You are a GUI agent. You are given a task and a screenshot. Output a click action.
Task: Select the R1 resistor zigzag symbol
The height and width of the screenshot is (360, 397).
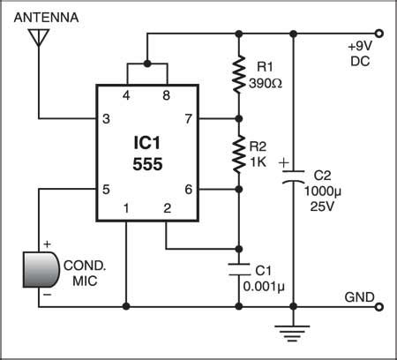pyautogui.click(x=238, y=77)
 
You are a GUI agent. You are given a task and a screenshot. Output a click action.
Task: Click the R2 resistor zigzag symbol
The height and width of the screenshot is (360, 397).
pyautogui.click(x=238, y=153)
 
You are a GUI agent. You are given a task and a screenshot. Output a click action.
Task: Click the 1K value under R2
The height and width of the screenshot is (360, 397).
pyautogui.click(x=260, y=161)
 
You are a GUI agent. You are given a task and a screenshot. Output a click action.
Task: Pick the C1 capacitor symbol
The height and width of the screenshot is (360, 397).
pyautogui.click(x=238, y=267)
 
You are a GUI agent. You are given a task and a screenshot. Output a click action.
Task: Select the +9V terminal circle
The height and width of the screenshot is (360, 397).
pyautogui.click(x=379, y=35)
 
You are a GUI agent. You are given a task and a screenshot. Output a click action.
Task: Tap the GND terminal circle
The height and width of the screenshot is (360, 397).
pyautogui.click(x=379, y=307)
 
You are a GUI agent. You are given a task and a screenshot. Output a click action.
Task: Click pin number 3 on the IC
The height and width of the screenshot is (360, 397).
pyautogui.click(x=106, y=117)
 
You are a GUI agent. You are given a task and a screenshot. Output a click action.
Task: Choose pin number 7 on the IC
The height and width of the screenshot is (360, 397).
pyautogui.click(x=187, y=117)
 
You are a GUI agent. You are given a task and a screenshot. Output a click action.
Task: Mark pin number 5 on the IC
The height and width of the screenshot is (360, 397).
pyautogui.click(x=106, y=188)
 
